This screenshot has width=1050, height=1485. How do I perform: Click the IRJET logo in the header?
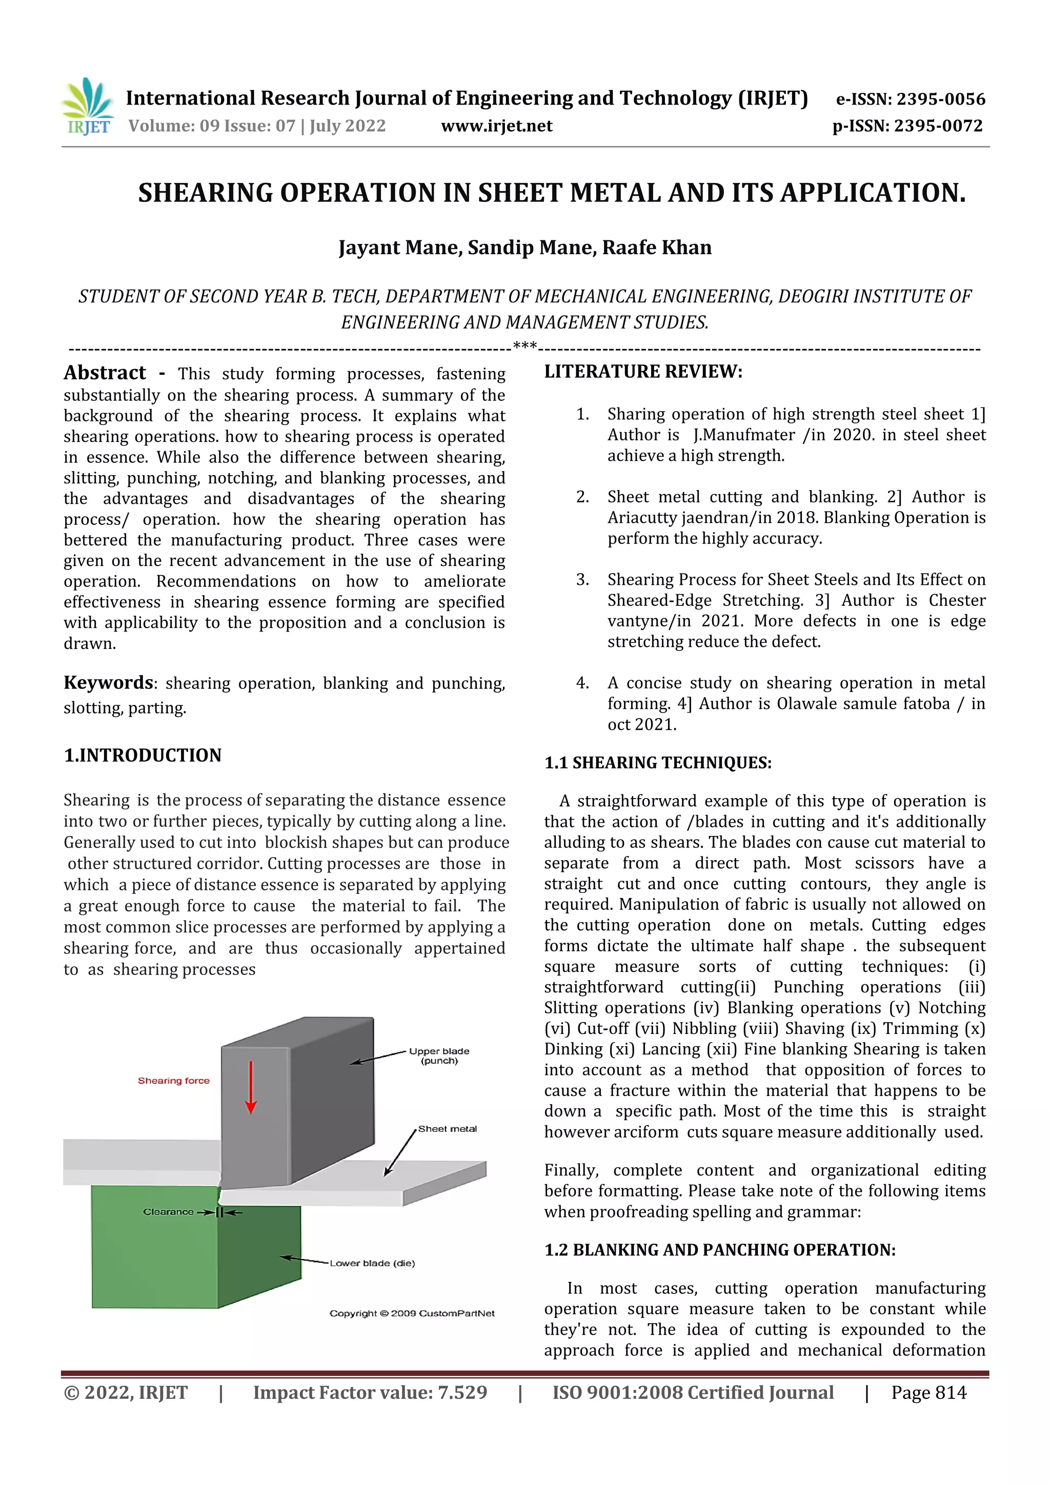88,106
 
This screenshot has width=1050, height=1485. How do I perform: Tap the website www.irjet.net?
496,126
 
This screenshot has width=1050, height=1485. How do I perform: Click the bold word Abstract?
105,373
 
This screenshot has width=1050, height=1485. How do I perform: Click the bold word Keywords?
109,682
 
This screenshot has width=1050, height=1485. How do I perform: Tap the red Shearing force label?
173,1080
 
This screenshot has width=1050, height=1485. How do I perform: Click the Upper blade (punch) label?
439,1055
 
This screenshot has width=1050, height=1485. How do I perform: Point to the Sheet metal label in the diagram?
447,1129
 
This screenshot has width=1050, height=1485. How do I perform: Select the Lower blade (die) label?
372,1263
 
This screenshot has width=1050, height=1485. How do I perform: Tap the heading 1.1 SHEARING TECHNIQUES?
657,763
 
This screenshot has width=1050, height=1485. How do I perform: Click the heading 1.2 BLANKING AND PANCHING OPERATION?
719,1250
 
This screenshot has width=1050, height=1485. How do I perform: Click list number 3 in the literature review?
582,580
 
